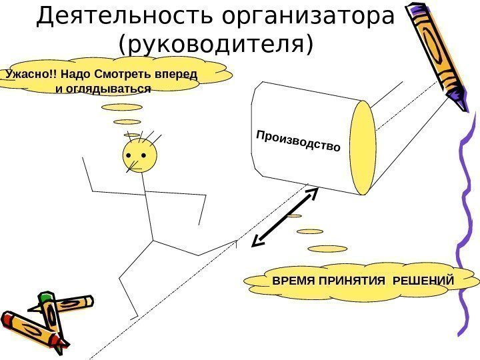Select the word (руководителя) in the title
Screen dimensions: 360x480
point(215,45)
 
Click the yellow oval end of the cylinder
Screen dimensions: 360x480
point(363,147)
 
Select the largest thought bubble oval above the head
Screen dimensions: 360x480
point(122,107)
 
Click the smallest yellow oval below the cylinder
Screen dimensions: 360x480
point(293,215)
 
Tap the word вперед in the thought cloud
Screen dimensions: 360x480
point(181,73)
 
